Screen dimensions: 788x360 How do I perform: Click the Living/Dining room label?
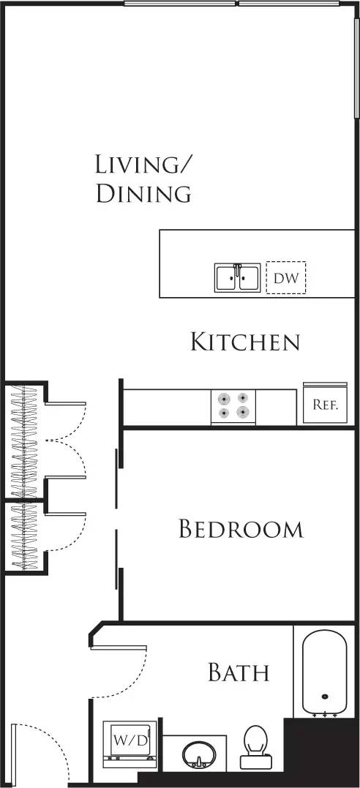point(143,179)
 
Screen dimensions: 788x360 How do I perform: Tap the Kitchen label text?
point(245,342)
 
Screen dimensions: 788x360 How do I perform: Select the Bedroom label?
point(241,529)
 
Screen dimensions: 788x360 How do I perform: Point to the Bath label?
point(239,672)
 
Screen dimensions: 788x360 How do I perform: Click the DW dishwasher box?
point(285,278)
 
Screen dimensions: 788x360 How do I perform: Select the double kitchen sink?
point(236,279)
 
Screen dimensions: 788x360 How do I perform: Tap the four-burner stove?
point(233,406)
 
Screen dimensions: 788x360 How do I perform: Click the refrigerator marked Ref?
point(325,403)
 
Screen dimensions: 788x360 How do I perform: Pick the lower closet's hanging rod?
point(25,536)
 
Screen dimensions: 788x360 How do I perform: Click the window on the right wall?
point(356,62)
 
